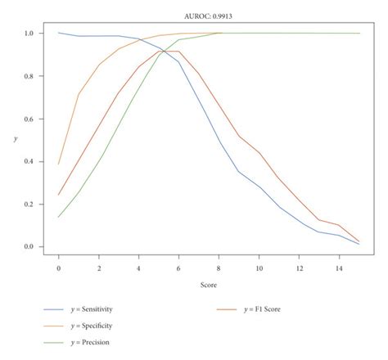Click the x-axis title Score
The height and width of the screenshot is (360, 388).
209,286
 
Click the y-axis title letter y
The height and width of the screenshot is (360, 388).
16,140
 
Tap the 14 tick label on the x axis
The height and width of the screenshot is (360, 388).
340,268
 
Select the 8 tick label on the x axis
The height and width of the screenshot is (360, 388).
219,268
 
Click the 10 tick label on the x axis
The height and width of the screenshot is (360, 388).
259,268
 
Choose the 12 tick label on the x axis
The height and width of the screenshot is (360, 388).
300,268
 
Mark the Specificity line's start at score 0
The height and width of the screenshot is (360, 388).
59,164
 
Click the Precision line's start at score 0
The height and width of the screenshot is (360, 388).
59,217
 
